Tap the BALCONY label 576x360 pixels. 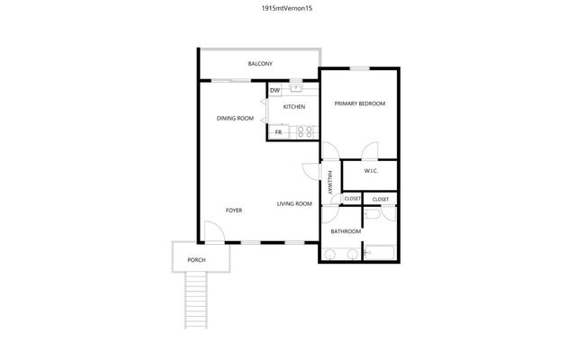coord(260,64)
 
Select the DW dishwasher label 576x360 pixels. coord(274,90)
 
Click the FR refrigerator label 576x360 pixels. coord(278,131)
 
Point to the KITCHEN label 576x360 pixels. coord(294,107)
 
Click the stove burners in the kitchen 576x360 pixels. coord(306,131)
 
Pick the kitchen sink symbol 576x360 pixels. coord(295,88)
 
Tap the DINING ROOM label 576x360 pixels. coord(235,118)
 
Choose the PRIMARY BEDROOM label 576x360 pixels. coord(359,103)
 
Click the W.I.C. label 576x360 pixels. coord(371,171)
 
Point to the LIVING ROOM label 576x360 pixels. coord(294,203)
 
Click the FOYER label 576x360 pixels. coord(234,210)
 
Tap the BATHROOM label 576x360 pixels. coord(346,231)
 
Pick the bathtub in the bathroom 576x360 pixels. coord(382,251)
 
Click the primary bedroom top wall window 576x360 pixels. coord(360,67)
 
